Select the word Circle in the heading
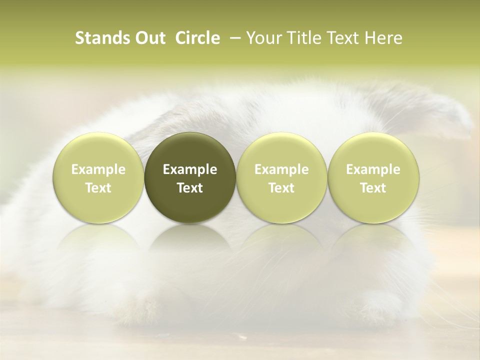(x=197, y=38)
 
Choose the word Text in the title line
(x=337, y=38)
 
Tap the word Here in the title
(x=382, y=38)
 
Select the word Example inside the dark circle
(x=190, y=169)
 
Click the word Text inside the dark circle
(x=190, y=188)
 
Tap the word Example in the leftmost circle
(x=98, y=169)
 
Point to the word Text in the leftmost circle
(x=98, y=188)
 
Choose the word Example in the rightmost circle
(x=373, y=169)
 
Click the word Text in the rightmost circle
(x=373, y=188)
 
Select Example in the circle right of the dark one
(x=281, y=169)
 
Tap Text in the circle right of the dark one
(x=281, y=188)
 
